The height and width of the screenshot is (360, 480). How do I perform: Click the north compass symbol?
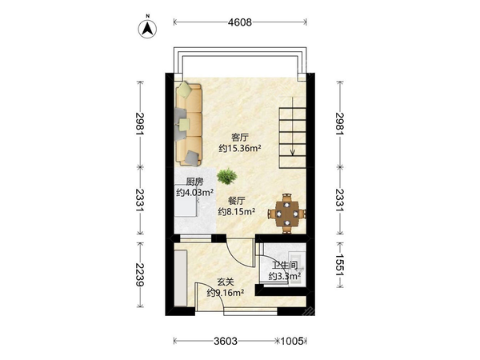click(x=147, y=29)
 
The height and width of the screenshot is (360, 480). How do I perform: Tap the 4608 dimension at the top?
click(x=240, y=22)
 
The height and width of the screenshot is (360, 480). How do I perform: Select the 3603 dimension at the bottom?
click(x=226, y=341)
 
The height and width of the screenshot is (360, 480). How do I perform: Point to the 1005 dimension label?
click(x=292, y=341)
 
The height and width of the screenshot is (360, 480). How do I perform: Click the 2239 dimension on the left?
click(x=140, y=274)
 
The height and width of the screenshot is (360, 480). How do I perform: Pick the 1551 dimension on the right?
click(x=340, y=265)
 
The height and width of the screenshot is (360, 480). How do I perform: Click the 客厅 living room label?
click(x=240, y=138)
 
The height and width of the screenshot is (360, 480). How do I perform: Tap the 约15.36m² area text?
click(x=240, y=149)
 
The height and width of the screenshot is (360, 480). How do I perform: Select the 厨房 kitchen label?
click(x=194, y=182)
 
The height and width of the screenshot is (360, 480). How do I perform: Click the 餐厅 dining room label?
click(x=237, y=201)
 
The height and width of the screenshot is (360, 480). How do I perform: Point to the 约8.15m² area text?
click(x=237, y=211)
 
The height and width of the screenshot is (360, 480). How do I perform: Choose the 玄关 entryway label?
click(x=226, y=282)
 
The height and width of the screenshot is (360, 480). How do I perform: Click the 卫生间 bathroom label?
click(x=284, y=265)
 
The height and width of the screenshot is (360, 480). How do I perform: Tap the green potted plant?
click(x=227, y=177)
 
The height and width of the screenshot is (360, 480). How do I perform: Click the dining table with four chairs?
click(x=287, y=214)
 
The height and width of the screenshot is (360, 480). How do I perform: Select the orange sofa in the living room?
click(x=189, y=124)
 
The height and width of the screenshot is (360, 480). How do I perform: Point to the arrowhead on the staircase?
click(x=293, y=152)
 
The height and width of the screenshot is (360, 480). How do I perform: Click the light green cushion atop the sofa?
click(x=185, y=89)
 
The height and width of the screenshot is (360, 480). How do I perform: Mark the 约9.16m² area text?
click(x=226, y=293)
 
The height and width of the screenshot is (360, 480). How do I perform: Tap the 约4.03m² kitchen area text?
click(x=194, y=193)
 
